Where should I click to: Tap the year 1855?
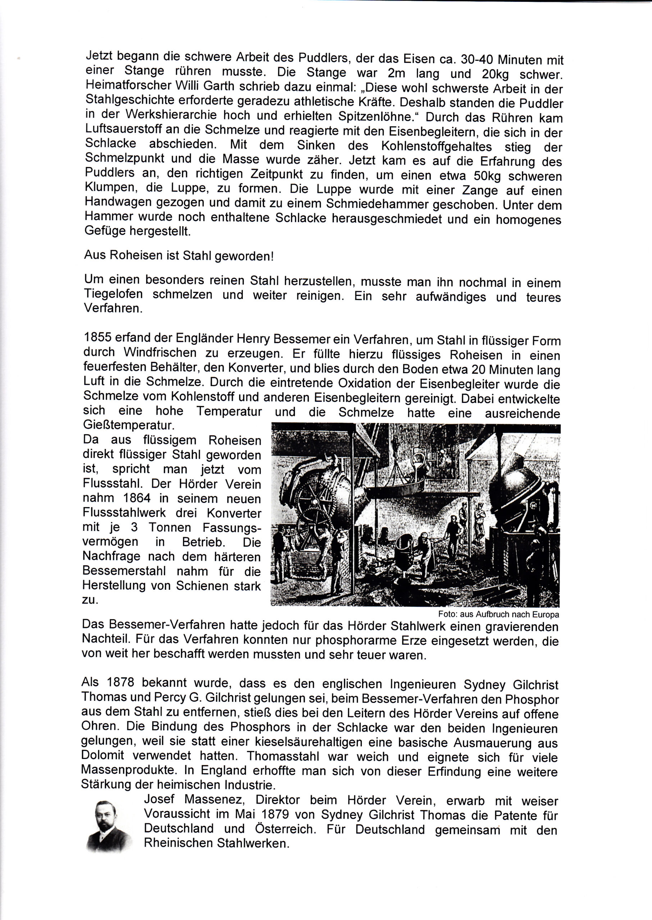[x=97, y=338]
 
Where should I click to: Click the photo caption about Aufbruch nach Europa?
[x=499, y=614]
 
